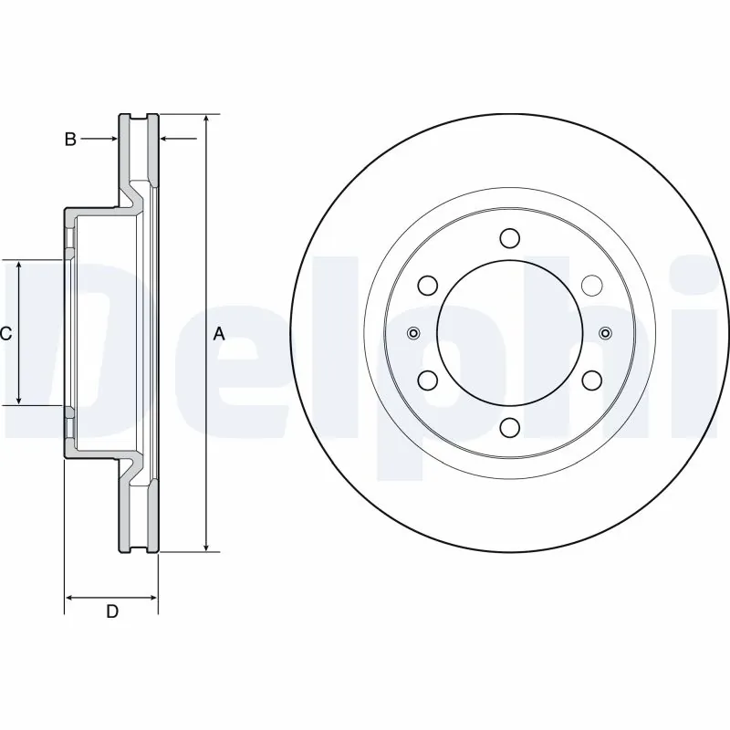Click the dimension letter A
(x=219, y=334)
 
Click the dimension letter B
(x=69, y=140)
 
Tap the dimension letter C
(x=5, y=334)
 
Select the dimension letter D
(x=111, y=611)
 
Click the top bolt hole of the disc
(x=510, y=238)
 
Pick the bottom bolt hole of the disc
(x=510, y=427)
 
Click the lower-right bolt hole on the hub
(x=591, y=380)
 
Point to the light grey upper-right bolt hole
(x=591, y=286)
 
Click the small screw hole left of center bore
(x=413, y=333)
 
